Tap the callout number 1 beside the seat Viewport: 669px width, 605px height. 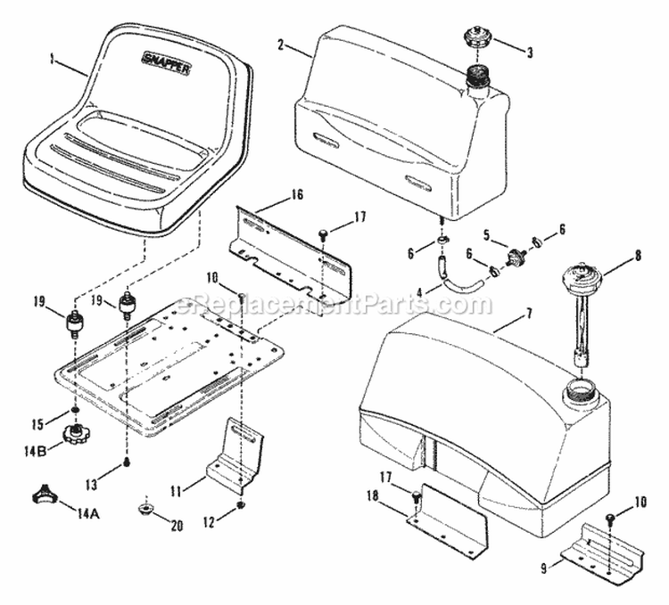tap(53, 61)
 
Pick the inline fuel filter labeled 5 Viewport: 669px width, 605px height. tap(513, 259)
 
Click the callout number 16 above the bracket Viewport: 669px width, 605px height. tap(297, 194)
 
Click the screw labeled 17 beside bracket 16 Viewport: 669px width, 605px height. tap(323, 233)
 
